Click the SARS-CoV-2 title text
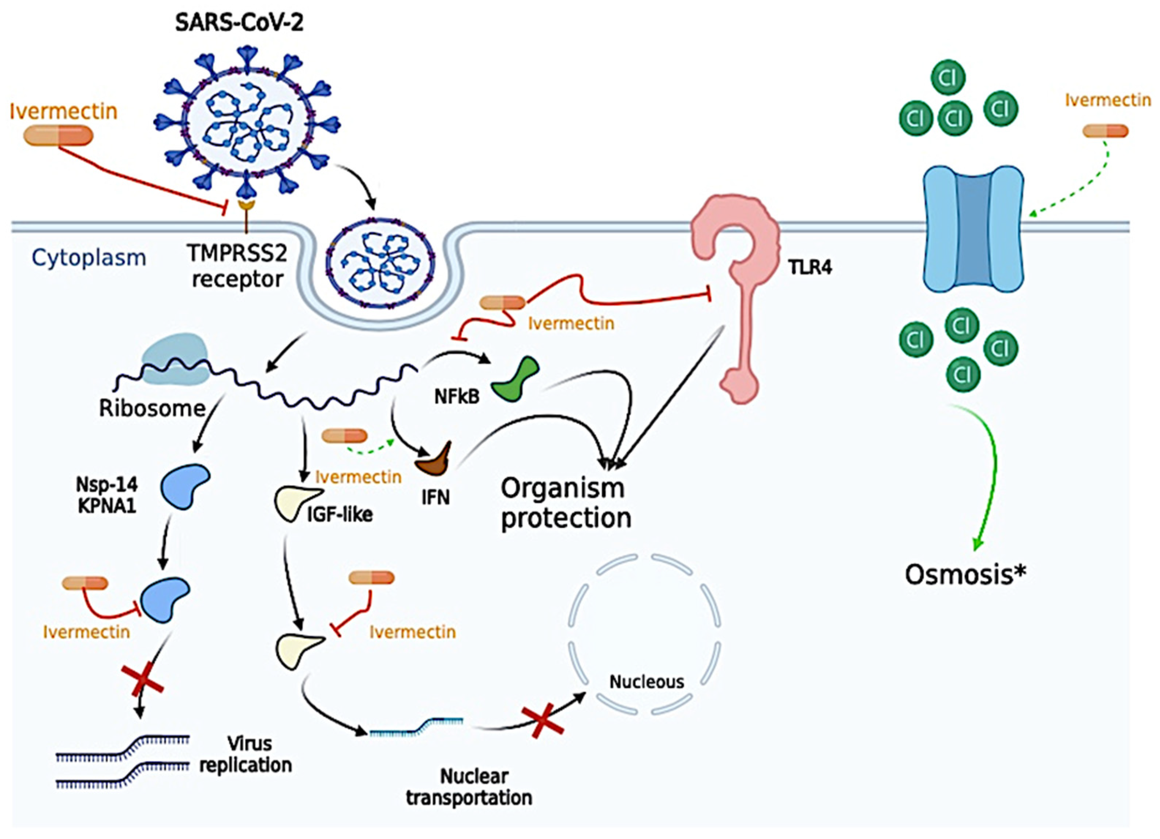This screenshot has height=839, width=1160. click(239, 23)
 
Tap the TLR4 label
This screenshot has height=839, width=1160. click(810, 267)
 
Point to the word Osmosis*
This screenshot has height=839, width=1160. click(965, 575)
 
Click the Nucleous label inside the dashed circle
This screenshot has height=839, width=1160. click(646, 681)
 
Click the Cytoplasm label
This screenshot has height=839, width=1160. click(89, 258)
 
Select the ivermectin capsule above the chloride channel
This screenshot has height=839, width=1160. click(1105, 131)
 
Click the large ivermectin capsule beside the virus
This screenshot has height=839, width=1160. click(58, 136)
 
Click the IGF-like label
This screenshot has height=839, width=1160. click(339, 514)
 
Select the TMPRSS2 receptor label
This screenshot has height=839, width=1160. click(237, 266)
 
